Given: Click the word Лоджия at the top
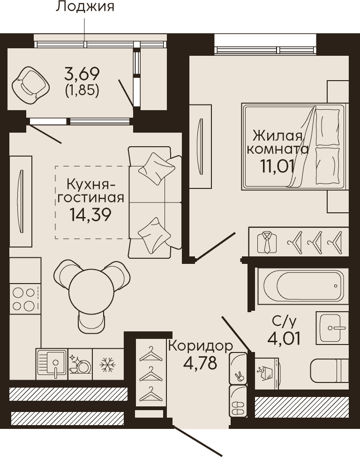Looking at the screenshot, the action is coord(85,7).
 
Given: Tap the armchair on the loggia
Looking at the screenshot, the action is coord(30,85).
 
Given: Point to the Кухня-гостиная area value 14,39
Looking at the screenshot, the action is coord(90,215).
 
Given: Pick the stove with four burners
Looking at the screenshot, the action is coord(25,299).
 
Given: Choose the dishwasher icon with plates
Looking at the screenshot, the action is coord(80,364).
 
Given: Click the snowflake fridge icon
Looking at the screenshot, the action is coord(107,364).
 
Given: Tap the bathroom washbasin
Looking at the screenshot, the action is coord(332,328).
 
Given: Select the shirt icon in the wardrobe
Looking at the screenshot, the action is coord(267,242).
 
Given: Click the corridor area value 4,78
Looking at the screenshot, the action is coord(200,363).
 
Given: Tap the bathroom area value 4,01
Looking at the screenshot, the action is coord(284,338).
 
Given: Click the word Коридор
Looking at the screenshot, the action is coord(201,346).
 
